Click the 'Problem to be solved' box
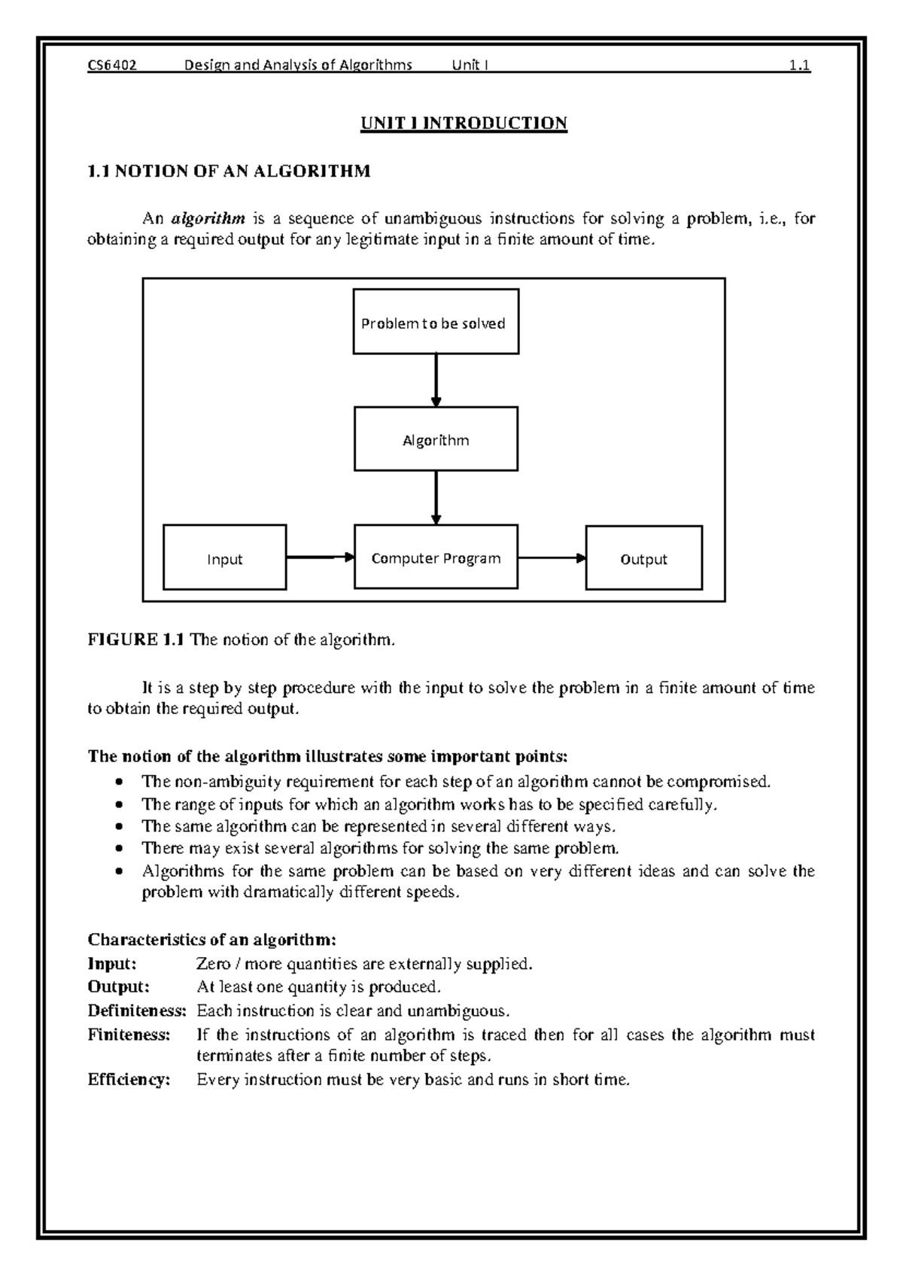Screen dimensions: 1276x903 click(436, 322)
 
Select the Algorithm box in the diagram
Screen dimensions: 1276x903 click(436, 439)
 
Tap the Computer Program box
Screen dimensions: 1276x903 click(436, 557)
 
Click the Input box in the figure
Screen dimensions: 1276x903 click(224, 558)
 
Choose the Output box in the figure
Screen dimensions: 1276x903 click(643, 558)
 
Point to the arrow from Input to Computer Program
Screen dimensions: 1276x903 click(320, 557)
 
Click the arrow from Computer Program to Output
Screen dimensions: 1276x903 click(552, 558)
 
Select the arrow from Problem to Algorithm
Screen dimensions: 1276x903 click(436, 380)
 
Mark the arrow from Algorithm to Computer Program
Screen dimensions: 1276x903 click(436, 497)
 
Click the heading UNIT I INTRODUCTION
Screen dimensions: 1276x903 click(464, 123)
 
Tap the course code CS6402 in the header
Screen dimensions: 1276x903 click(112, 65)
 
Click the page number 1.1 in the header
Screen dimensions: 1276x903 click(799, 65)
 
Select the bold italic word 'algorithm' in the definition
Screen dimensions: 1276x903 click(208, 219)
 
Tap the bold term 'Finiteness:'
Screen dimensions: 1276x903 click(129, 1034)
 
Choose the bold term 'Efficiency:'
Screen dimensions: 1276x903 click(129, 1080)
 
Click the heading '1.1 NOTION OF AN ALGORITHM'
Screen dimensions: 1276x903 click(229, 171)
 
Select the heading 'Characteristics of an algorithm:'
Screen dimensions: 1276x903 click(211, 939)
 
